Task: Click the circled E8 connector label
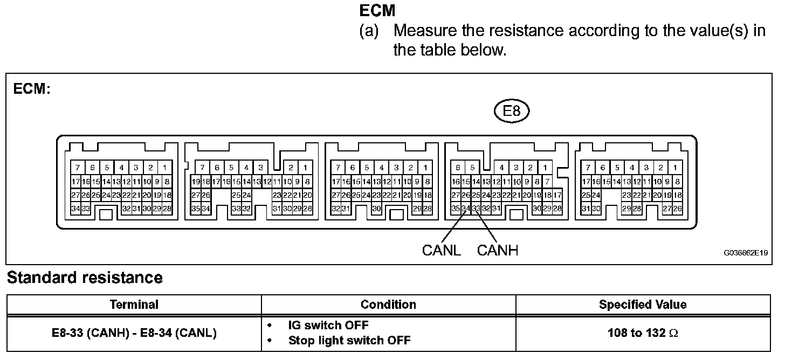(511, 112)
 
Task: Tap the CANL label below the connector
(442, 251)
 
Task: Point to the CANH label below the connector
(497, 251)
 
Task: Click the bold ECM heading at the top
(377, 10)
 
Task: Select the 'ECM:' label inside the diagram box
(32, 89)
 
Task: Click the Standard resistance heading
(85, 278)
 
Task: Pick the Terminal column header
(134, 304)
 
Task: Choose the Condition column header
(388, 304)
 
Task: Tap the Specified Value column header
(643, 304)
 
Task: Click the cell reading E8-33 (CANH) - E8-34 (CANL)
(134, 333)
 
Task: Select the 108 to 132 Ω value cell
(643, 333)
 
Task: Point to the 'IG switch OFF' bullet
(328, 326)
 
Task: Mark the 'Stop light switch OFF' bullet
(349, 341)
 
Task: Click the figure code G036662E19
(746, 252)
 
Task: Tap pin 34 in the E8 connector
(466, 209)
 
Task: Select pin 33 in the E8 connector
(476, 209)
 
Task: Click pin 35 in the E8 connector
(456, 209)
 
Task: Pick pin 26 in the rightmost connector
(677, 209)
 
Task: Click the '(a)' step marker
(369, 30)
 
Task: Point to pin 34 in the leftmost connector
(75, 209)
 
